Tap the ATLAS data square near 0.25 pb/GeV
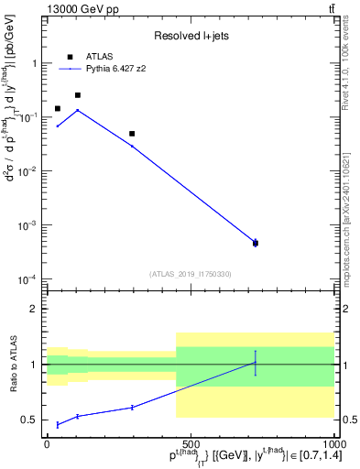[78, 95]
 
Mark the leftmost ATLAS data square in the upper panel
[58, 109]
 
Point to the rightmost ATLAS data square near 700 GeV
[255, 243]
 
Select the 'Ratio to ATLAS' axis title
[12, 364]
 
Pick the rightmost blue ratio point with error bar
[255, 363]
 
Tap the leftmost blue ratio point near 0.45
[58, 424]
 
